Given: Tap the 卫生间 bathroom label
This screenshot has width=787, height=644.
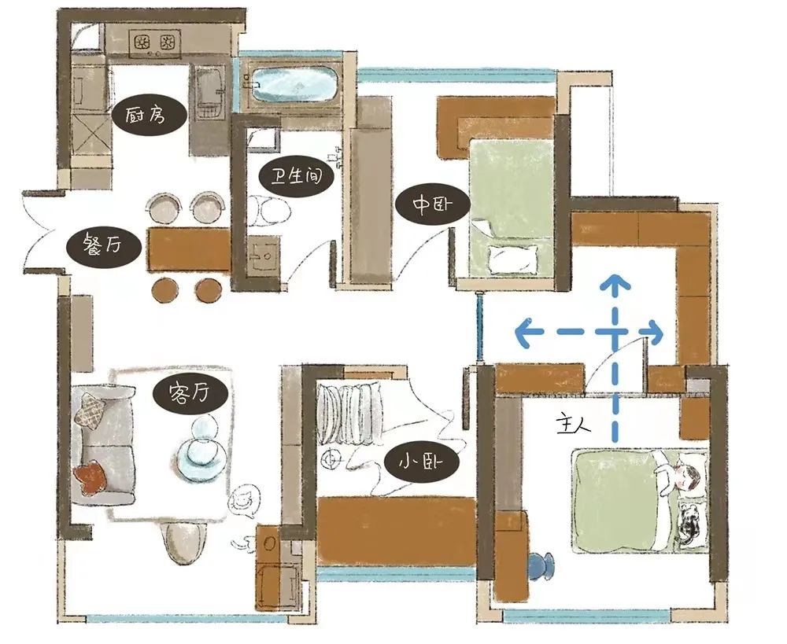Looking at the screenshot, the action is (297, 177).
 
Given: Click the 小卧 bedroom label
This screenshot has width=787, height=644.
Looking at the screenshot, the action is (421, 462).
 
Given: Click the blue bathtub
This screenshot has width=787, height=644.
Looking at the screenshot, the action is (294, 84).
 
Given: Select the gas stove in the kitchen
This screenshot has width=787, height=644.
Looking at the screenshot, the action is (155, 43).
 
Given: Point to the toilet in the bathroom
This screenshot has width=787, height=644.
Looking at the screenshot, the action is (269, 210).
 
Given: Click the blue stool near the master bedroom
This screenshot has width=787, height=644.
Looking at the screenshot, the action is (541, 566).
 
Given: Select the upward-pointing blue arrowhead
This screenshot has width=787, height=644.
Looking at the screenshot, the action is (615, 283).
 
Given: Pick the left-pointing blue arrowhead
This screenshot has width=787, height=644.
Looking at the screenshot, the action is (524, 332).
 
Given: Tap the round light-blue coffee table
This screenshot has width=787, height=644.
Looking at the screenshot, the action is (201, 459).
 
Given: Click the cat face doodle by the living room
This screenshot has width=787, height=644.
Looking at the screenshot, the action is (244, 502).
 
